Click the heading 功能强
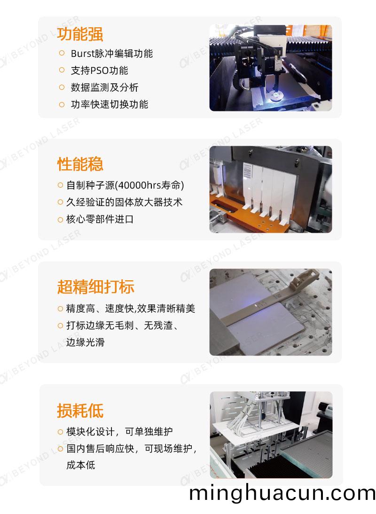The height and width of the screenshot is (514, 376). pyautogui.click(x=80, y=34)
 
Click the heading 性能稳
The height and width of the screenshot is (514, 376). pyautogui.click(x=80, y=164)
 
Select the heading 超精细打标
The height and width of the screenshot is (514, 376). pyautogui.click(x=95, y=286)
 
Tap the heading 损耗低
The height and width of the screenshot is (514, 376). pyautogui.click(x=80, y=411)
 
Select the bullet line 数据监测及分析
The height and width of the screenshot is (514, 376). pyautogui.click(x=104, y=87)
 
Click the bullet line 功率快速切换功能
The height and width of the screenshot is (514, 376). pyautogui.click(x=109, y=104)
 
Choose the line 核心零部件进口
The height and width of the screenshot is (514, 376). pyautogui.click(x=100, y=219)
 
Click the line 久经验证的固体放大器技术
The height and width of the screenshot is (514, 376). pyautogui.click(x=124, y=202)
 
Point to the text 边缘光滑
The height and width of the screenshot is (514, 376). pyautogui.click(x=85, y=342)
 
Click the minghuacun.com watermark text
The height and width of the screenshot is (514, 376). pyautogui.click(x=282, y=493)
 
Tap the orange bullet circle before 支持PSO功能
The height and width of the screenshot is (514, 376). pyautogui.click(x=62, y=71)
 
